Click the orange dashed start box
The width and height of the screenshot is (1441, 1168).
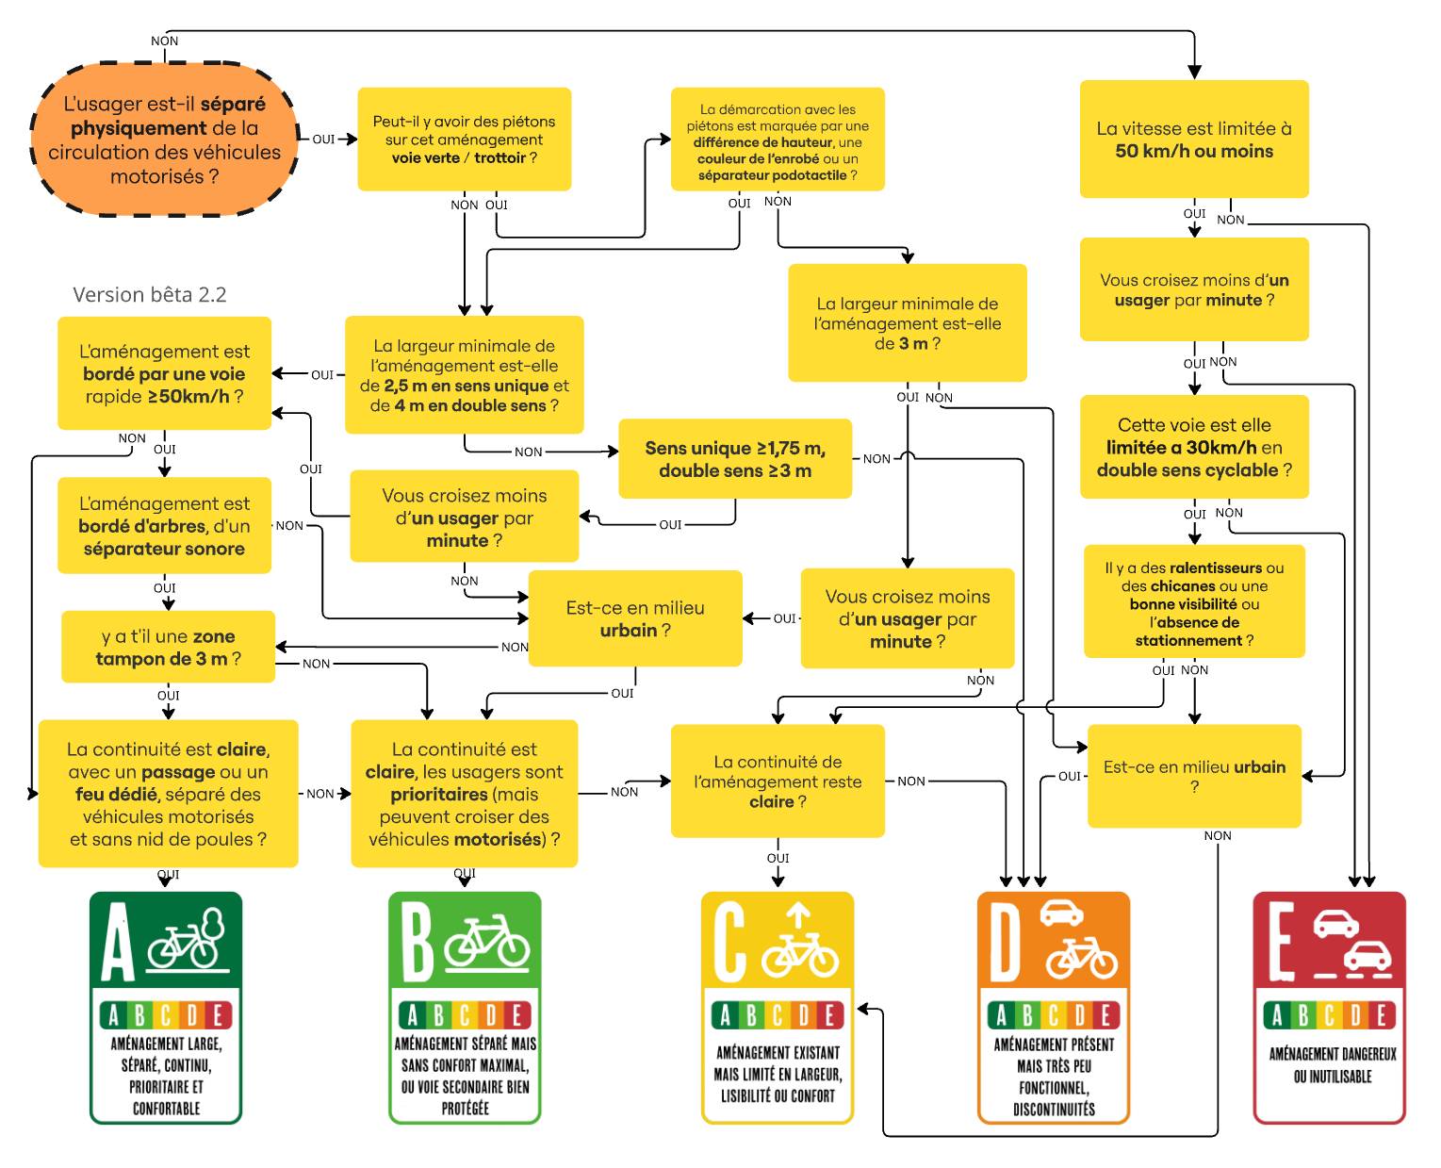pyautogui.click(x=164, y=140)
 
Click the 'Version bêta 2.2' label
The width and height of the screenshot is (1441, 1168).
pyautogui.click(x=149, y=295)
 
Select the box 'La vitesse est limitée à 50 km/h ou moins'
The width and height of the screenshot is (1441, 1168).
pyautogui.click(x=1193, y=140)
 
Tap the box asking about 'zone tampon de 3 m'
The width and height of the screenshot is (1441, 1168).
pyautogui.click(x=168, y=648)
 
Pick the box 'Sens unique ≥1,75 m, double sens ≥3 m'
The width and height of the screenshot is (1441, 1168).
pyautogui.click(x=734, y=459)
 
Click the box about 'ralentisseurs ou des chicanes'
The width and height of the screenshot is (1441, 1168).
pyautogui.click(x=1193, y=603)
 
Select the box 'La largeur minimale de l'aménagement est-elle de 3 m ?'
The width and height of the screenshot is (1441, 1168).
pyautogui.click(x=907, y=323)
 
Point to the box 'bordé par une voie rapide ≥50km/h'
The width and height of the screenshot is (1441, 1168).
pyautogui.click(x=164, y=374)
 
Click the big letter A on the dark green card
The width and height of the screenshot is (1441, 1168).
pyautogui.click(x=118, y=943)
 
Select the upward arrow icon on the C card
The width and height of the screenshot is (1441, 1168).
pyautogui.click(x=798, y=913)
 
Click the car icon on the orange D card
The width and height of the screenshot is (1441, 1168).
pyautogui.click(x=1061, y=913)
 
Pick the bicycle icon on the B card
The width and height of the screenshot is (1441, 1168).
pyautogui.click(x=487, y=942)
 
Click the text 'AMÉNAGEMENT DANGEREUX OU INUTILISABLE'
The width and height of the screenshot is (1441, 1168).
pyautogui.click(x=1332, y=1065)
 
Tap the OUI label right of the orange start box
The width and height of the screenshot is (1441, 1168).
pyautogui.click(x=323, y=140)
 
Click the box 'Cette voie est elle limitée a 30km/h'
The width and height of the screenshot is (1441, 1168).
pyautogui.click(x=1193, y=447)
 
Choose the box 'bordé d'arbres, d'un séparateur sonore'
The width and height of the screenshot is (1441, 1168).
pyautogui.click(x=164, y=526)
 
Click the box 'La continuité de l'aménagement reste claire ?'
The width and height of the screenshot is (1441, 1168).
pyautogui.click(x=777, y=781)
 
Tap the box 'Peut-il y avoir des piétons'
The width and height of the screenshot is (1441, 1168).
pyautogui.click(x=464, y=140)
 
